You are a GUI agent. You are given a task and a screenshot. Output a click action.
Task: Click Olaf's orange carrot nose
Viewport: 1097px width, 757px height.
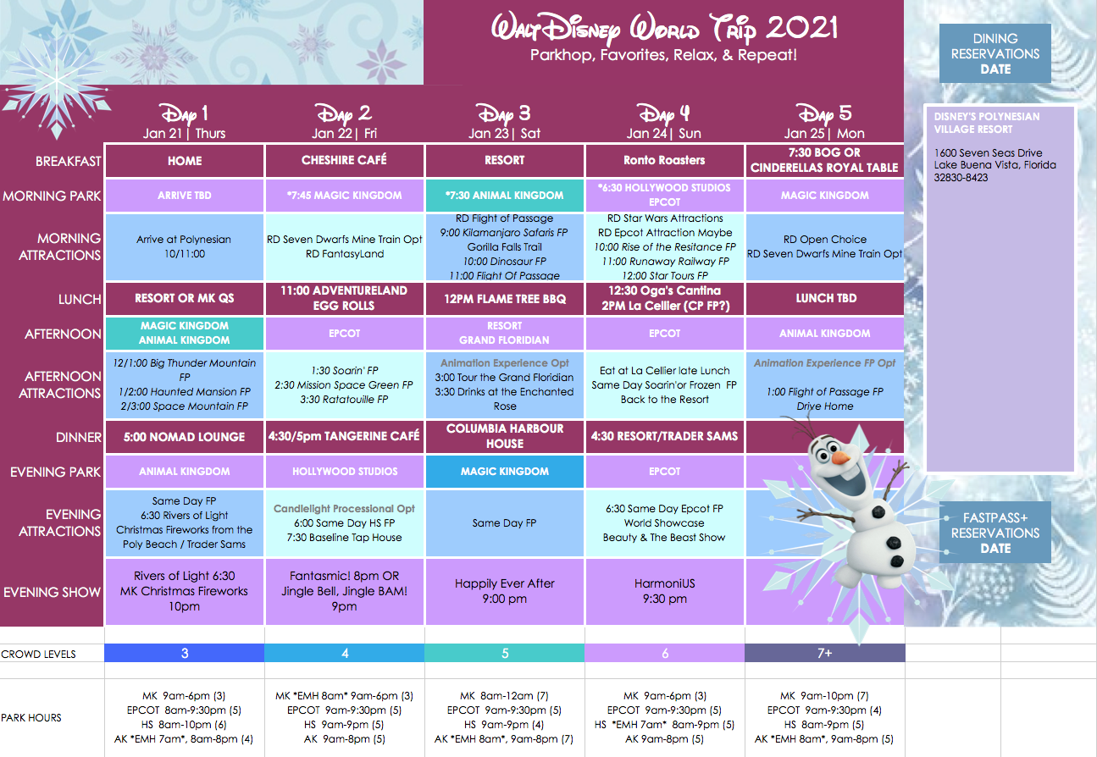click(841, 458)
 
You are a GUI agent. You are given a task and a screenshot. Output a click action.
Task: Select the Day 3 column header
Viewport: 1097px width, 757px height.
click(504, 121)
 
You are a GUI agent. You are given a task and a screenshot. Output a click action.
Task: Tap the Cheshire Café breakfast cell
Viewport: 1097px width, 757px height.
click(344, 160)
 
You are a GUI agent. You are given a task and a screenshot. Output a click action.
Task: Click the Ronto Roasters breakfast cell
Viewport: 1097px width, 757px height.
click(664, 160)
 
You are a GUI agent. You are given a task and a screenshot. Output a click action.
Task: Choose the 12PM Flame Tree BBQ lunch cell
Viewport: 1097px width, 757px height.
click(504, 299)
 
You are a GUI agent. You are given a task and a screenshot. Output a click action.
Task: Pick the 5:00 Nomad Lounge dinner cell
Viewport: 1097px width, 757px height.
click(184, 437)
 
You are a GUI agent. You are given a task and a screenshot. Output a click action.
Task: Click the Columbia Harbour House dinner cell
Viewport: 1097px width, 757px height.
click(504, 436)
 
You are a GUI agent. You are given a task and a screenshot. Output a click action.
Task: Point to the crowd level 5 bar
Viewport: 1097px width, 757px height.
click(504, 653)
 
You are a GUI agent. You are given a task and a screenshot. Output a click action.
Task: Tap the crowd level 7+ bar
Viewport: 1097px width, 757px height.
click(825, 653)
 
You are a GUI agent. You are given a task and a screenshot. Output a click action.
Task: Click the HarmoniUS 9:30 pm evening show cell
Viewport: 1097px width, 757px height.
click(665, 592)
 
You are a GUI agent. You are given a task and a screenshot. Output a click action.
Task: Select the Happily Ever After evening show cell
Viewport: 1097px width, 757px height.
click(504, 592)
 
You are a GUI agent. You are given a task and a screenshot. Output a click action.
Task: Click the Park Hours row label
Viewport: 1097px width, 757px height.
click(31, 718)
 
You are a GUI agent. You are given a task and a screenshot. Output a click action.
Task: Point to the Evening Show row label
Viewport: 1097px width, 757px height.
click(52, 592)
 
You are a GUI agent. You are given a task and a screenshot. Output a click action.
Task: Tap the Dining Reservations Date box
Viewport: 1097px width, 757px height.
click(995, 53)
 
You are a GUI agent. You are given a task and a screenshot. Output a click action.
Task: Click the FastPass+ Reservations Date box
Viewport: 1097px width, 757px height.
click(995, 533)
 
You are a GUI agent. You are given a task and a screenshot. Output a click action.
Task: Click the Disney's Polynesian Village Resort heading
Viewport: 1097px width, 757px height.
click(986, 123)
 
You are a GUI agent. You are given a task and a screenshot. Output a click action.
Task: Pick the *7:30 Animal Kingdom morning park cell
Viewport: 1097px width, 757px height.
click(504, 196)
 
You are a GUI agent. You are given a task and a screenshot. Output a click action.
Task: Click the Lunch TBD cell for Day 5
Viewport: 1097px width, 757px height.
click(825, 299)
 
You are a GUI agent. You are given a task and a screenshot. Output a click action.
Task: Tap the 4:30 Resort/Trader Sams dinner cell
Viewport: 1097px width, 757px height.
click(665, 436)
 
